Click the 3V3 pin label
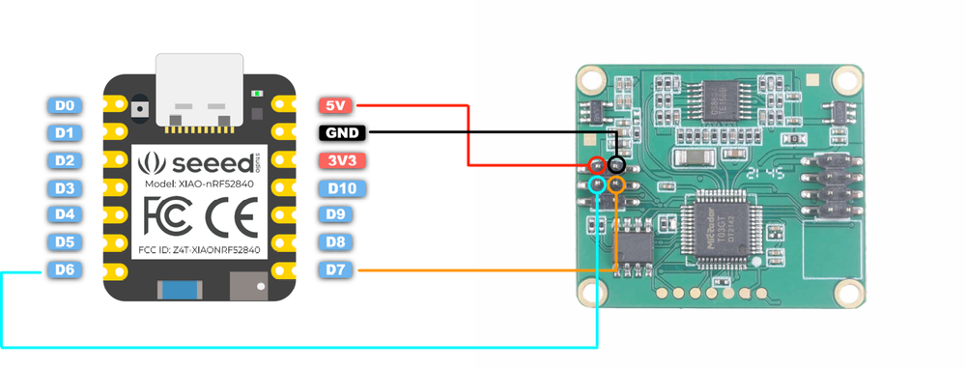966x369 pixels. [x=340, y=160]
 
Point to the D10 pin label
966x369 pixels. [x=340, y=187]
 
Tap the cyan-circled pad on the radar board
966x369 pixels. [x=598, y=183]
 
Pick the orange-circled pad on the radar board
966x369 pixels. [x=616, y=183]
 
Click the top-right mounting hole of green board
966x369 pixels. [x=848, y=80]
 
